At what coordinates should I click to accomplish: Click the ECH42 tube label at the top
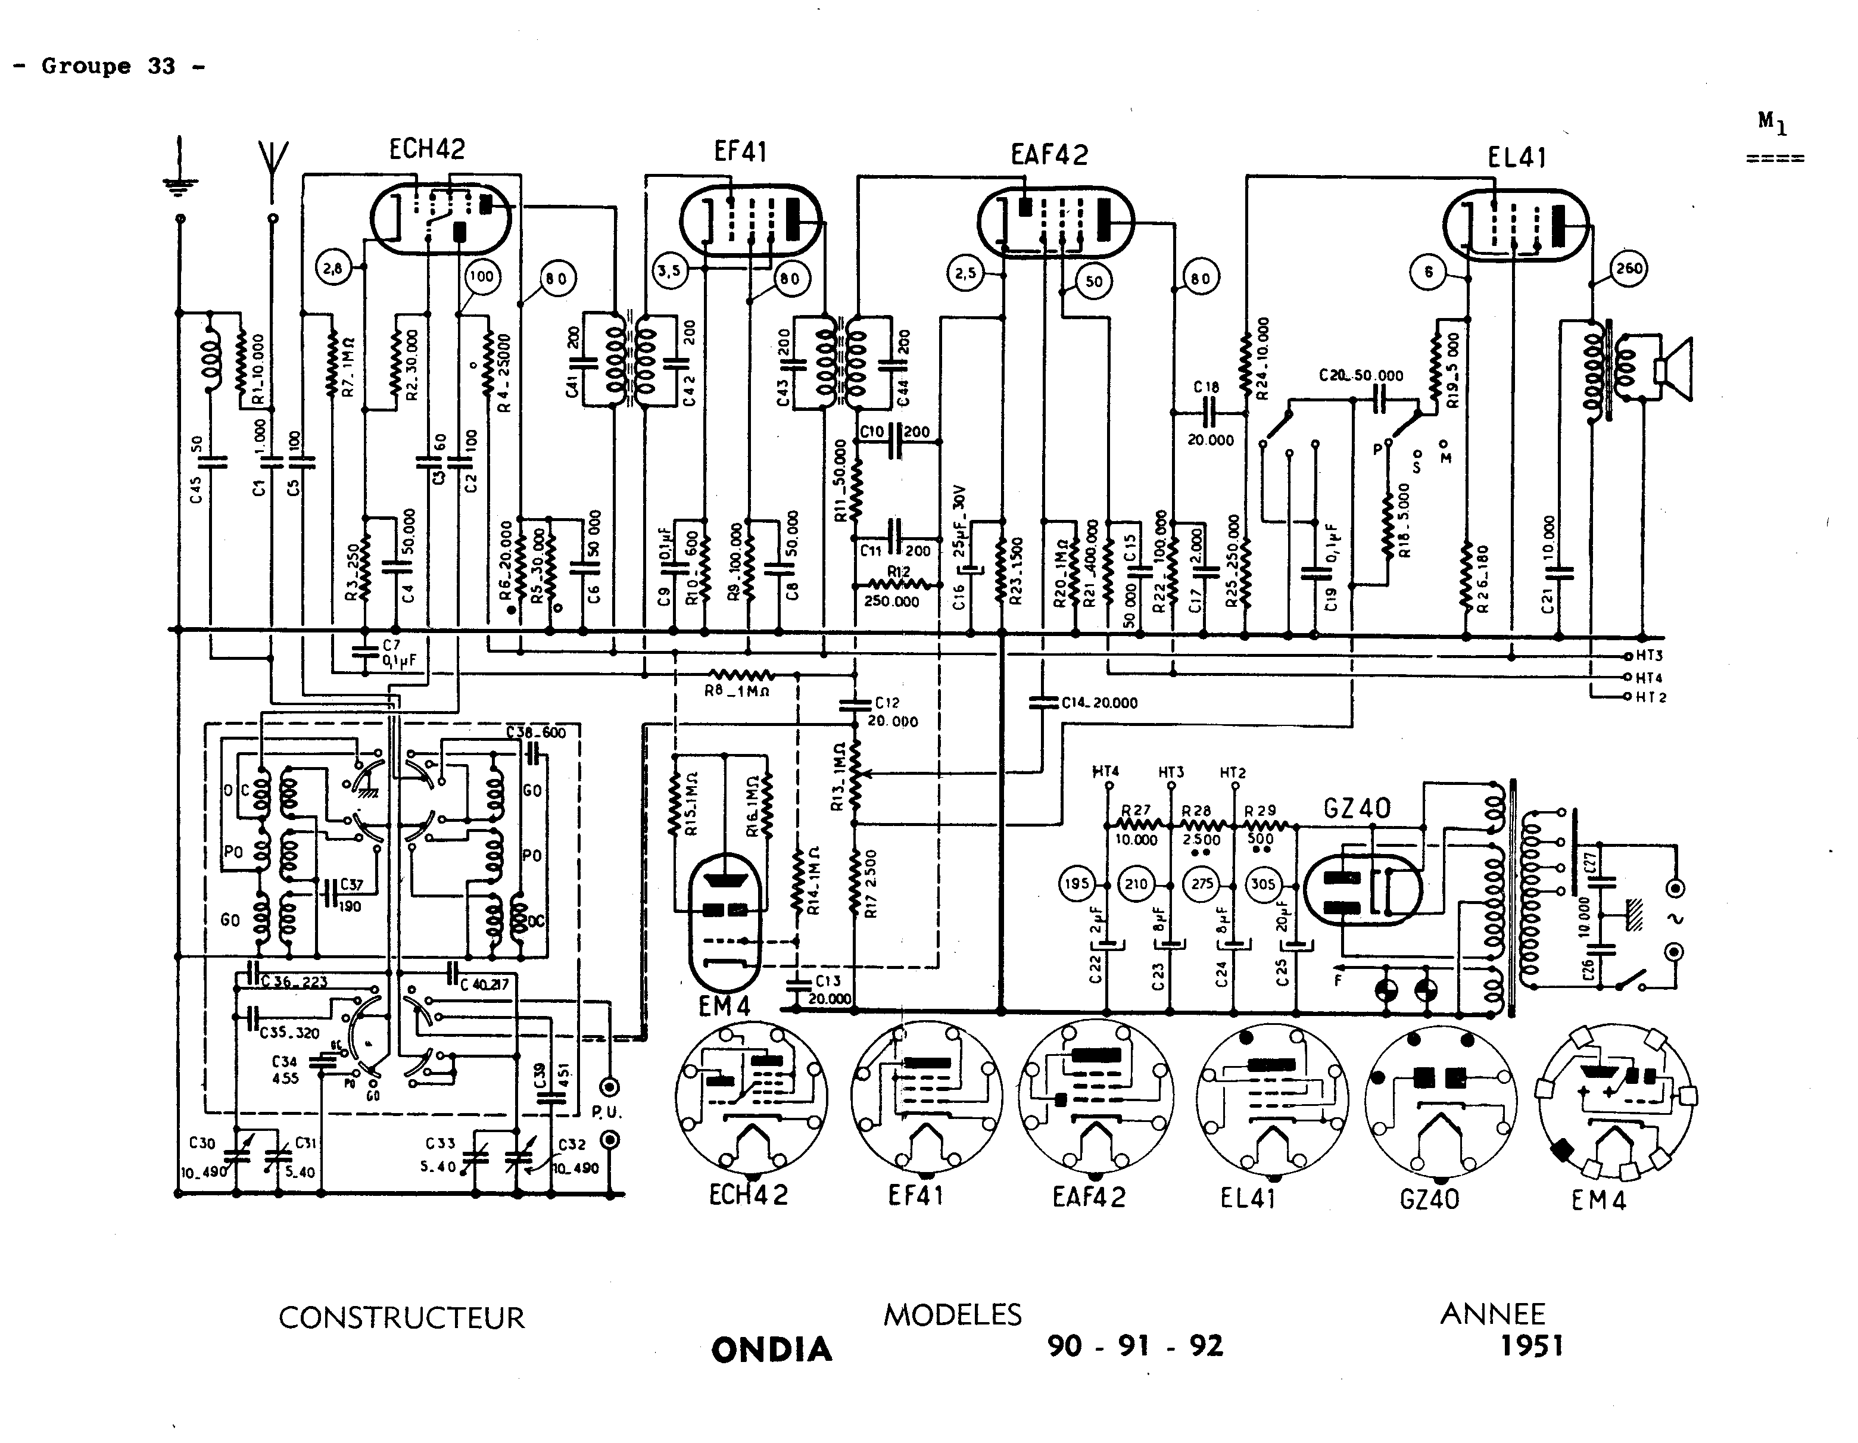pos(427,149)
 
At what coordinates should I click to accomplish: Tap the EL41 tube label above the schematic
pos(1517,157)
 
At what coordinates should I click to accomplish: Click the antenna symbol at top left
pos(272,170)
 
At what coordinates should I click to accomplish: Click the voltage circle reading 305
pos(1262,884)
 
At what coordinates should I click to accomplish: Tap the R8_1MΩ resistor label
pos(737,691)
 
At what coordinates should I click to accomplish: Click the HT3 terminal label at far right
pos(1649,656)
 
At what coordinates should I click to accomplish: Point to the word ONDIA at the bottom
pos(772,1350)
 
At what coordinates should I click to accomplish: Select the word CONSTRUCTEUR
pos(401,1318)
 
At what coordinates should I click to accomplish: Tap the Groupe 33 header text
pos(109,66)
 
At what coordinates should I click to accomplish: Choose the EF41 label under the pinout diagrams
pos(915,1196)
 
